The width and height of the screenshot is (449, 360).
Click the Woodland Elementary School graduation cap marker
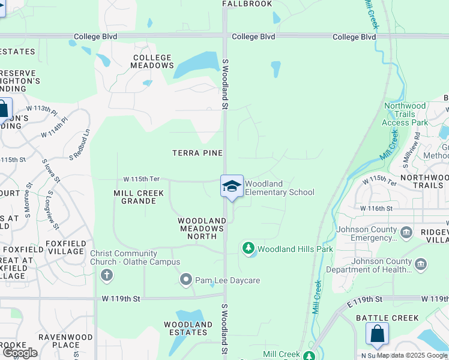(x=232, y=186)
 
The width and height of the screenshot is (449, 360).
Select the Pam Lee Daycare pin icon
(x=187, y=280)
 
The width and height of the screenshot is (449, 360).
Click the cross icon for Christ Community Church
(x=106, y=276)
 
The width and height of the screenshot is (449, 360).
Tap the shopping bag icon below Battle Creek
(x=377, y=334)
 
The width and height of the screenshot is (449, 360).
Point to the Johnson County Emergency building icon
(x=406, y=232)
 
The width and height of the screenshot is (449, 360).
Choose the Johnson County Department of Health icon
(x=421, y=264)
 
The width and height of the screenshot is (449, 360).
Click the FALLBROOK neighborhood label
(x=247, y=4)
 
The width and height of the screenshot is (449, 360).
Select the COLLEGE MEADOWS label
(x=153, y=61)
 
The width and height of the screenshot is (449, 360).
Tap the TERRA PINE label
(x=197, y=153)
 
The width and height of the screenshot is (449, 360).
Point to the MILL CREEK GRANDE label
(x=134, y=197)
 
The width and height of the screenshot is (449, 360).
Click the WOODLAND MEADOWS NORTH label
(x=202, y=225)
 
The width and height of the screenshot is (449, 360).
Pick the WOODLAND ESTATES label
(x=188, y=328)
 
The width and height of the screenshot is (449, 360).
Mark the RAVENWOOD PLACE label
(x=59, y=341)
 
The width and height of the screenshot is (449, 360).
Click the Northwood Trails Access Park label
(x=405, y=114)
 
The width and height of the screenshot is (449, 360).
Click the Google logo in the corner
(x=20, y=353)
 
